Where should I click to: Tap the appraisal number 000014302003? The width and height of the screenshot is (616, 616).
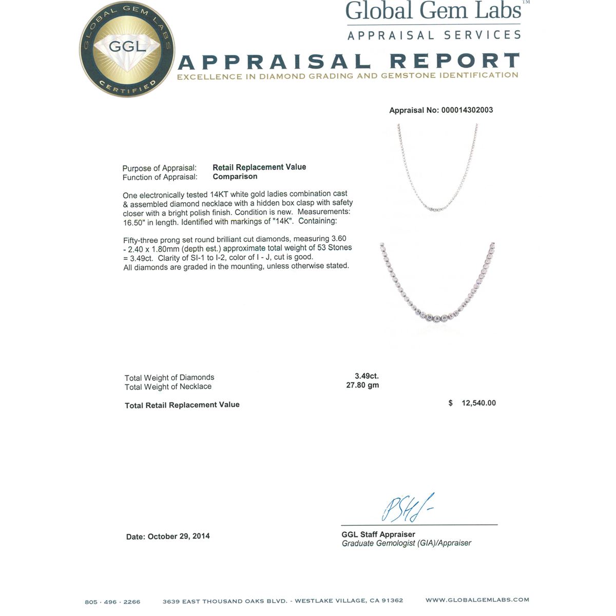click(x=467, y=110)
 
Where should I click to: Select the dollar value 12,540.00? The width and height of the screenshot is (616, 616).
click(x=478, y=403)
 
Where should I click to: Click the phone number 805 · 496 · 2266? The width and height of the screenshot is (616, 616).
click(x=112, y=602)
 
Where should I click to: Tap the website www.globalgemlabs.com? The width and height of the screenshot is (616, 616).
click(x=477, y=600)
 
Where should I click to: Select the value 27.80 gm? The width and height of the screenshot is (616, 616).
click(x=362, y=385)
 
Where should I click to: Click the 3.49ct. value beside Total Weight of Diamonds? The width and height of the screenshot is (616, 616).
click(x=367, y=376)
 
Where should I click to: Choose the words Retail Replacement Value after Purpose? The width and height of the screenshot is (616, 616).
click(x=259, y=167)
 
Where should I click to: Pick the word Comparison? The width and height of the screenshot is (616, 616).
click(x=235, y=176)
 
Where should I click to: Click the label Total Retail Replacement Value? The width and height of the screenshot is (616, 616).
click(x=182, y=405)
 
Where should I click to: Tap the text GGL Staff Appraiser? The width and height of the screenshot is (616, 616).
click(x=378, y=534)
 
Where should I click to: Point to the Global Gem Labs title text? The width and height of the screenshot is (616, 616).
click(x=434, y=11)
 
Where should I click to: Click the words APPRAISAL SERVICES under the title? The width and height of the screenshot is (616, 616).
click(x=434, y=35)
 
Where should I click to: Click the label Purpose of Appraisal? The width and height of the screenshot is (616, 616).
click(x=159, y=168)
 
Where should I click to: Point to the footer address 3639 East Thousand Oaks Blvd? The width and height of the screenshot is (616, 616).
click(x=283, y=601)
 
